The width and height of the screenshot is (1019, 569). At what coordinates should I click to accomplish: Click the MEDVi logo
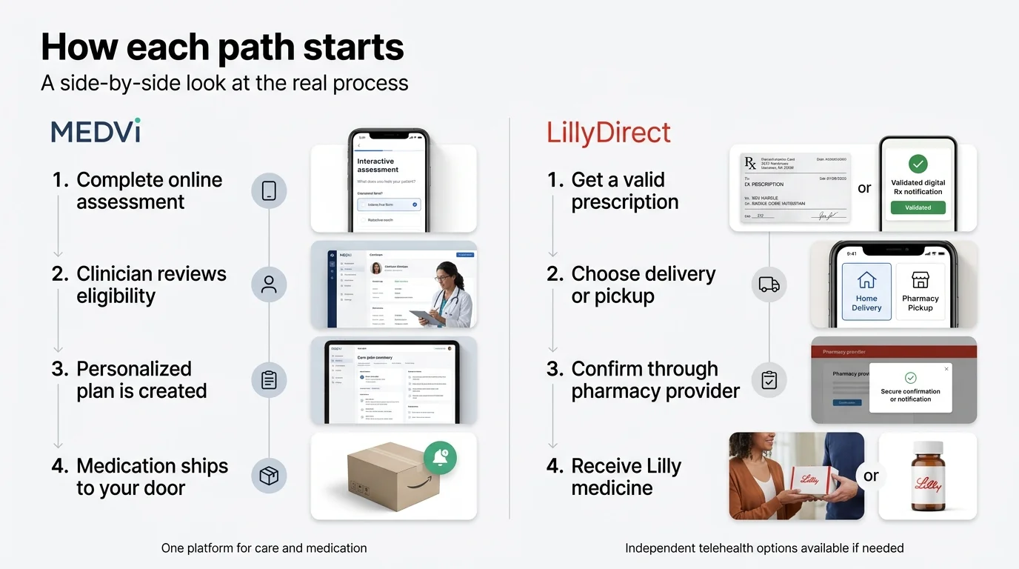96,131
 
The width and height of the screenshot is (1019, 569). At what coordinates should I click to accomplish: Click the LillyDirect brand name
608,133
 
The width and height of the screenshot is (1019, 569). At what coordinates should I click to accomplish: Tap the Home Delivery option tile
866,291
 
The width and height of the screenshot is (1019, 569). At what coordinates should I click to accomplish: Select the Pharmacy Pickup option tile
920,291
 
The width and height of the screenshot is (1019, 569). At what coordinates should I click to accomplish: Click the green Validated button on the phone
918,207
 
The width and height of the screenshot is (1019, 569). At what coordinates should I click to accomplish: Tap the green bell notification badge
440,458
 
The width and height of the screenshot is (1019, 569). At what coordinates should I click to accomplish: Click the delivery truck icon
769,284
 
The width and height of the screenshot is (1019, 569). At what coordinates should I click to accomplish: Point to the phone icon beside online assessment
269,190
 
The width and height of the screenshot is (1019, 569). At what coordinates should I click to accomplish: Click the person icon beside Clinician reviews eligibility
269,284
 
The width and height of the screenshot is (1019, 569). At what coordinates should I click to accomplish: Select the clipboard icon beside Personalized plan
269,380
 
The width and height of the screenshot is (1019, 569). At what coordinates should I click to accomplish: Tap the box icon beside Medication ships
269,476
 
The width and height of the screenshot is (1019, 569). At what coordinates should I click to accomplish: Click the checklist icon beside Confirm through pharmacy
769,380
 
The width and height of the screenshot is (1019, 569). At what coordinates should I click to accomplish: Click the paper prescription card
795,188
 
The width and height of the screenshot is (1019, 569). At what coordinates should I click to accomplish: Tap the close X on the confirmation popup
946,369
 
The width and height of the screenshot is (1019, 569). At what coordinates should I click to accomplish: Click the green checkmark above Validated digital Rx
918,164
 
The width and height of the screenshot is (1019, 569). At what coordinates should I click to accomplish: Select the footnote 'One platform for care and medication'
264,548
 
